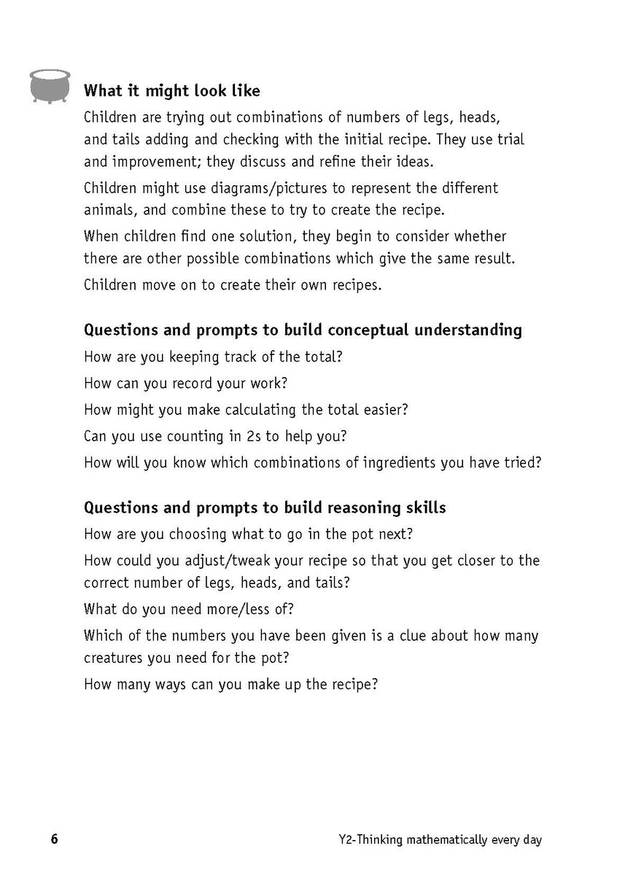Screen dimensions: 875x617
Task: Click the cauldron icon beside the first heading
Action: (x=49, y=85)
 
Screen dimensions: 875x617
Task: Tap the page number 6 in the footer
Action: (x=54, y=839)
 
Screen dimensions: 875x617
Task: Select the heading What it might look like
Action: (x=172, y=91)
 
